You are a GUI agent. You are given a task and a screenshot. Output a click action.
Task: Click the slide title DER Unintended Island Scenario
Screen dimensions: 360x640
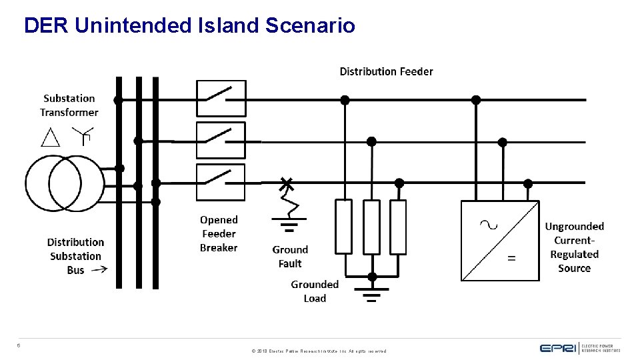189,26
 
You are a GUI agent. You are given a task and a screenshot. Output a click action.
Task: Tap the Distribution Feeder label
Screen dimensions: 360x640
386,71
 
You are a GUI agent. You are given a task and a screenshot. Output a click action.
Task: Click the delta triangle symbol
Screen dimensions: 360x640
51,137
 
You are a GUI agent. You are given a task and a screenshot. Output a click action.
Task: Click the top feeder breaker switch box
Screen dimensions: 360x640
221,99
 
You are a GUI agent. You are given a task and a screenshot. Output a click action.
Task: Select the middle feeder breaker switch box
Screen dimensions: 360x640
221,140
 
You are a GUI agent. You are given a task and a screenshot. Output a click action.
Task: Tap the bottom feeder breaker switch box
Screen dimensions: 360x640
221,182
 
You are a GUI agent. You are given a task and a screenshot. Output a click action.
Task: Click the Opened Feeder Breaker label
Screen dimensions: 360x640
219,233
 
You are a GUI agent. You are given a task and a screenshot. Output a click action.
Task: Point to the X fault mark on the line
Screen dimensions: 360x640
287,182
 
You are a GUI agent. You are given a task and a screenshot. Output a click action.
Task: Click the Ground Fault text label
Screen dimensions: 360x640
290,257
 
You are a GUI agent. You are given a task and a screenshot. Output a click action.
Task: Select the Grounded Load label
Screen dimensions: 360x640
315,291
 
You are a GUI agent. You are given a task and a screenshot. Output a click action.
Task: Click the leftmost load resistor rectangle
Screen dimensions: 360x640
343,227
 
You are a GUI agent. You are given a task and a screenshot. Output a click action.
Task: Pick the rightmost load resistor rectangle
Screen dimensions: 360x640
398,227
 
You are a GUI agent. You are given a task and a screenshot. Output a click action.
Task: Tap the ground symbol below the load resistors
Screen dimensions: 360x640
372,291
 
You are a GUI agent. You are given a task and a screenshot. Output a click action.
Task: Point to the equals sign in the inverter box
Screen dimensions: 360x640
511,258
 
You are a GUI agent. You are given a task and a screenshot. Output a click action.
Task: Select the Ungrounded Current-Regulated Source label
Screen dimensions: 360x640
574,247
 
